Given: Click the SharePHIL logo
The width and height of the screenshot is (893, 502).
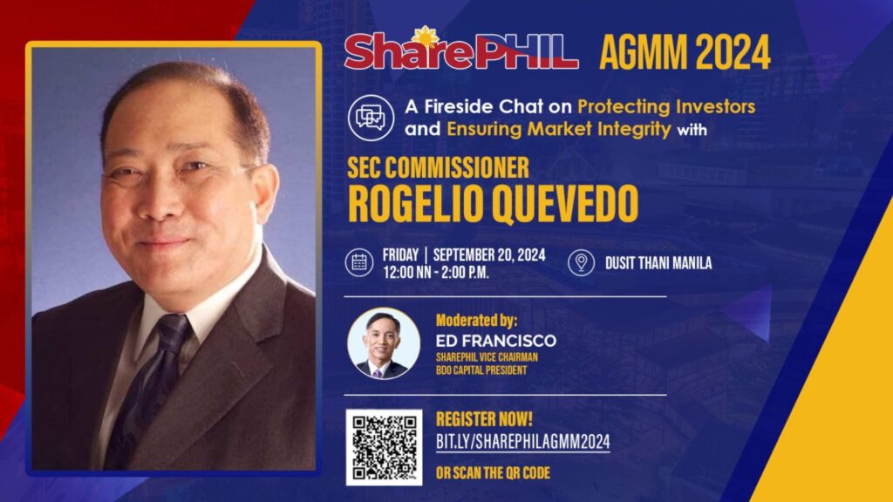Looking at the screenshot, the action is [x=460, y=49].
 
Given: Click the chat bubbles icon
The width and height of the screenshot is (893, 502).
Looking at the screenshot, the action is [x=371, y=118].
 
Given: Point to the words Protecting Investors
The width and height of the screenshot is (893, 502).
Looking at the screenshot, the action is [x=666, y=106].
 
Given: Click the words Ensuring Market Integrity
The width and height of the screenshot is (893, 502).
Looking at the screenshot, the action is [x=559, y=129].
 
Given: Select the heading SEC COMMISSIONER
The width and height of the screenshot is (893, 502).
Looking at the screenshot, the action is [x=438, y=168].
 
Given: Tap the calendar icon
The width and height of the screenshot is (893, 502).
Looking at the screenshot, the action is [x=359, y=262].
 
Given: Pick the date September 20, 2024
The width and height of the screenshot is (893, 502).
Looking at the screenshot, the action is [x=489, y=255].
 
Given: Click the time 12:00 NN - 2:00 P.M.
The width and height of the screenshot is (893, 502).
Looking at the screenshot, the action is [x=436, y=273].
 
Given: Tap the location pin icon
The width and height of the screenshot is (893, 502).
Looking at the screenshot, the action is [x=581, y=262].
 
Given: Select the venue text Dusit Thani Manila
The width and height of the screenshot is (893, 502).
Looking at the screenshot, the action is [x=658, y=263].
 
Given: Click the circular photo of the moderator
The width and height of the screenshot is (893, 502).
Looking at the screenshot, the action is [x=384, y=343].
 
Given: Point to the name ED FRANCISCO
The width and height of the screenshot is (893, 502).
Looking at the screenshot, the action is [x=496, y=341].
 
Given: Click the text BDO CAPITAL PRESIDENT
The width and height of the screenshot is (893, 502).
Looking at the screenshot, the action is [x=481, y=370].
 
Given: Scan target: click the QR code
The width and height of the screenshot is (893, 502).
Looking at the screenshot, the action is [x=384, y=447].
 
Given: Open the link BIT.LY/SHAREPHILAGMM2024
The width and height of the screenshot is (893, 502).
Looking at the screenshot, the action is [x=523, y=442].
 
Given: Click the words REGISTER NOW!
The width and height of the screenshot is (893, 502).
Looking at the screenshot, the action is [x=484, y=419].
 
